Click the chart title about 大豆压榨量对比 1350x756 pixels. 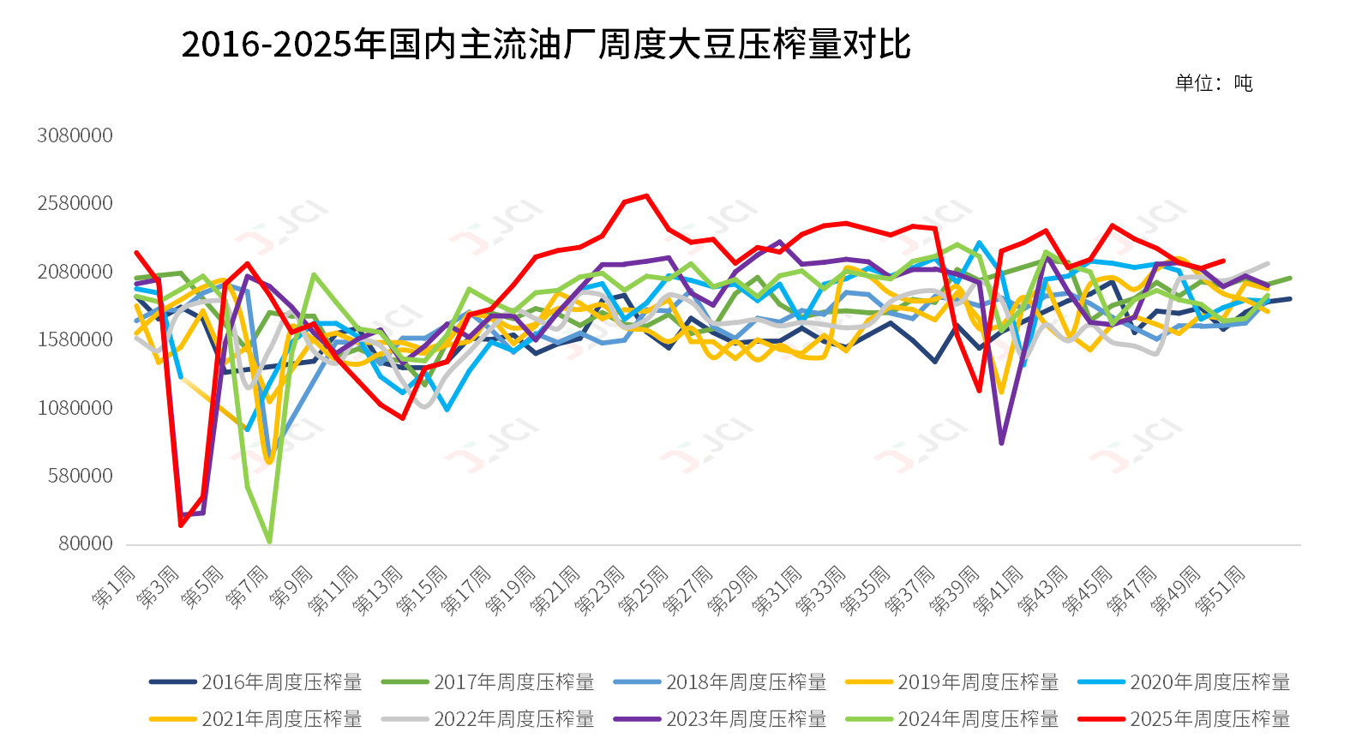[x=546, y=45]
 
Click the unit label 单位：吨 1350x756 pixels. [x=1214, y=83]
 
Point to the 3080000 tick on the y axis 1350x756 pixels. [x=75, y=135]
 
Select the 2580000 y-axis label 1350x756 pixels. [x=75, y=203]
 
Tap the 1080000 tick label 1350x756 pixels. [x=75, y=408]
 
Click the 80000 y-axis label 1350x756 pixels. [x=86, y=543]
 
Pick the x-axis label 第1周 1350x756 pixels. [x=114, y=587]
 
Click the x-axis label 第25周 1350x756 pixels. [x=644, y=591]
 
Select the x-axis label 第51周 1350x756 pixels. [x=1221, y=591]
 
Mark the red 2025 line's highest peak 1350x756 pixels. [x=646, y=195]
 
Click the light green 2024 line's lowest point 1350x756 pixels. [x=270, y=542]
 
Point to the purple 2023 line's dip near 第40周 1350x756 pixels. [x=1001, y=443]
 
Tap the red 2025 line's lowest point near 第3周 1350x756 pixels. [x=181, y=525]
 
